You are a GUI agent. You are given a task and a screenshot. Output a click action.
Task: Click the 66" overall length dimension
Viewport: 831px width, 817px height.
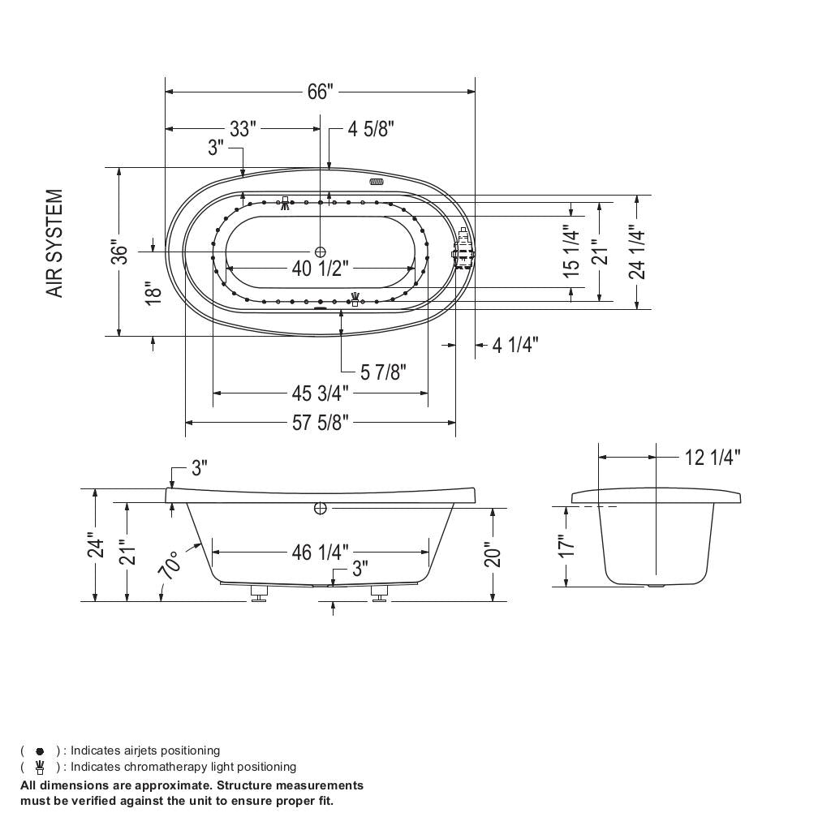(x=320, y=92)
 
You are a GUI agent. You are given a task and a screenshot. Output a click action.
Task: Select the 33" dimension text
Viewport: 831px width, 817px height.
(x=242, y=129)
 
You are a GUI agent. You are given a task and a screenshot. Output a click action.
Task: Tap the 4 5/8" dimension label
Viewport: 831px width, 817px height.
(x=371, y=129)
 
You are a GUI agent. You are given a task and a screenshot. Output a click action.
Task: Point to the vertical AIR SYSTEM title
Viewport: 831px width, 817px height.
(x=54, y=243)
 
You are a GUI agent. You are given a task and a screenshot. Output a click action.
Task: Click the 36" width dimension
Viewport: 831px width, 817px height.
(x=120, y=252)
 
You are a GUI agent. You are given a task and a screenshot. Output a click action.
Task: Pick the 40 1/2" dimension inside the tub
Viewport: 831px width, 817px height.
(x=320, y=269)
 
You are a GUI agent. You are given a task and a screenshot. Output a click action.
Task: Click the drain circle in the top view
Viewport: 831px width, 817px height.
(x=321, y=252)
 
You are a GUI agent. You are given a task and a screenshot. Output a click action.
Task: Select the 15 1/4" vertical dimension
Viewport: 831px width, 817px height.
(x=572, y=252)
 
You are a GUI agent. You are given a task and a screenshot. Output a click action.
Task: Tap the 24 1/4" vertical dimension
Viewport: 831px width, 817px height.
(x=637, y=252)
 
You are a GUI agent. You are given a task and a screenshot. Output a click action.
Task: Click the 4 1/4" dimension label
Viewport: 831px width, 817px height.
(x=515, y=346)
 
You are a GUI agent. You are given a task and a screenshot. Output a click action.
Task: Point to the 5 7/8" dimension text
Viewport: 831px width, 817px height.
(x=383, y=372)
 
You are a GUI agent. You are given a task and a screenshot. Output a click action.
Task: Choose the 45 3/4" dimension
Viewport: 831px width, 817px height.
(x=320, y=393)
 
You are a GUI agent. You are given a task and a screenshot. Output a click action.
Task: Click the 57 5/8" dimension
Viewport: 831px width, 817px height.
(x=320, y=423)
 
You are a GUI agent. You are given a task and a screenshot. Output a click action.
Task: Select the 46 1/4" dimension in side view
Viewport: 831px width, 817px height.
(x=320, y=553)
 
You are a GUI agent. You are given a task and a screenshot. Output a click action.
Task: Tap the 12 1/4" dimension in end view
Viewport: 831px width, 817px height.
(x=712, y=458)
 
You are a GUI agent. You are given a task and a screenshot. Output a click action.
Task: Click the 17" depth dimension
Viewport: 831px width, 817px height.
(x=566, y=544)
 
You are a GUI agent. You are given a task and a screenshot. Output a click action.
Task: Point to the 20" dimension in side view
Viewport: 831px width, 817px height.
(x=493, y=556)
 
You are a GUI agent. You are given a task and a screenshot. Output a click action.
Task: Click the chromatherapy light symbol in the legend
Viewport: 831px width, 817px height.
(x=40, y=767)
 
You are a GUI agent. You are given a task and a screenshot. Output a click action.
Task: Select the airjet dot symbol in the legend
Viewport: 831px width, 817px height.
(x=40, y=751)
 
